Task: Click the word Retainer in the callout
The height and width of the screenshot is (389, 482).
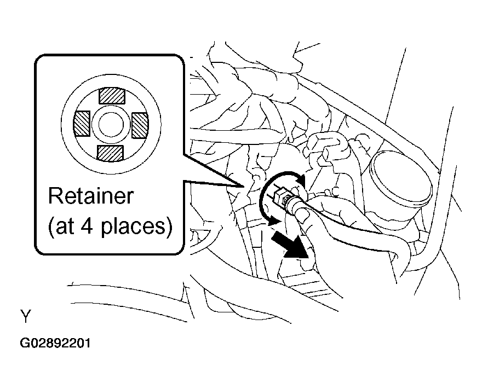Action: (91, 196)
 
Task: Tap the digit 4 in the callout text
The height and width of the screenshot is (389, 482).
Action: (87, 226)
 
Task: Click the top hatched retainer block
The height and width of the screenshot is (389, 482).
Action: (112, 96)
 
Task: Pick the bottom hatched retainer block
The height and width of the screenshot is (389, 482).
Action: (110, 153)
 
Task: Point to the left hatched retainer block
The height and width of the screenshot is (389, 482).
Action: (82, 124)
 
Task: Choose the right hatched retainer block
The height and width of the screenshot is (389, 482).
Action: (140, 125)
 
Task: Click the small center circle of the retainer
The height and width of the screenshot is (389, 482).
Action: (111, 125)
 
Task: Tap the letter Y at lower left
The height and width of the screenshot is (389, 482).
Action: (26, 316)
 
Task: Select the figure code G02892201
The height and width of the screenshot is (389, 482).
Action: (55, 343)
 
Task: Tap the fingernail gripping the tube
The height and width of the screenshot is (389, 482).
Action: (303, 216)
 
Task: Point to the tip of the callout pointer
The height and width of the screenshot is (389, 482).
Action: (243, 187)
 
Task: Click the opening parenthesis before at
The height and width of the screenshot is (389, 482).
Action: (51, 227)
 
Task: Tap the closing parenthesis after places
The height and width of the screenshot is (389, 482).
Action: (169, 227)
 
